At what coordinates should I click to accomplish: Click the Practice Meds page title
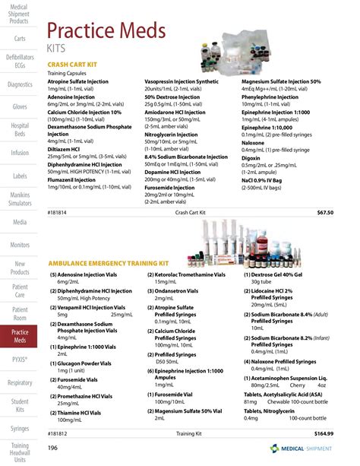(x=105, y=32)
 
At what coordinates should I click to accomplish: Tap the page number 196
(x=53, y=448)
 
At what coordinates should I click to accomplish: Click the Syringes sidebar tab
(x=20, y=429)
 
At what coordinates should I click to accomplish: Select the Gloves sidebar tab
(x=20, y=106)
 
